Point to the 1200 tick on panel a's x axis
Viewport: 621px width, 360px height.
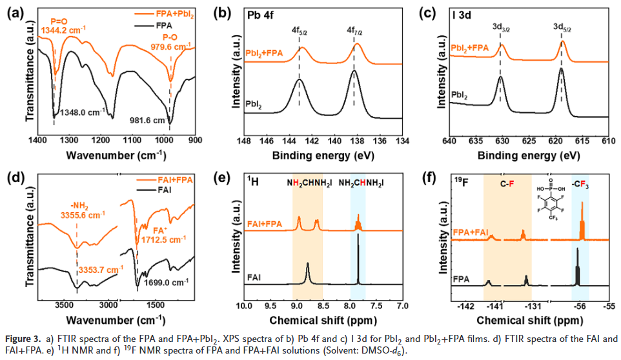tap(100, 140)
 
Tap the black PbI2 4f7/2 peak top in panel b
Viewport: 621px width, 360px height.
tap(354, 71)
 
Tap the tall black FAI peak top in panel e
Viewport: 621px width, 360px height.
tap(358, 234)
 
